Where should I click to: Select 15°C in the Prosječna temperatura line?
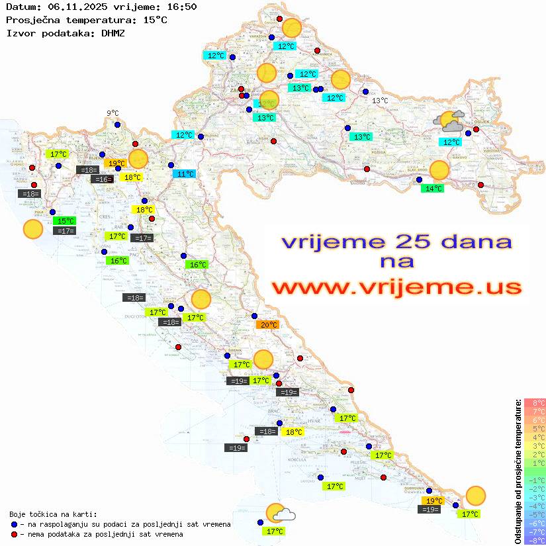(155, 19)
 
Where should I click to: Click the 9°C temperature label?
(113, 113)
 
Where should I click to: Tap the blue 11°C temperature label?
(185, 174)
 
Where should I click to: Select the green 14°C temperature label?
(433, 188)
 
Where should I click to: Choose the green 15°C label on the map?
(65, 221)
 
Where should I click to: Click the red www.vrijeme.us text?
(396, 287)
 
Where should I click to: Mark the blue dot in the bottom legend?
(15, 524)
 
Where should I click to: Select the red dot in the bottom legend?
(15, 534)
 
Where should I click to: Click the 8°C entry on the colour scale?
(534, 402)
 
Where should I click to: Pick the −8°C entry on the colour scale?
(534, 540)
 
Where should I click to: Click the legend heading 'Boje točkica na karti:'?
(53, 514)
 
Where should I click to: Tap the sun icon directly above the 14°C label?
(439, 170)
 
